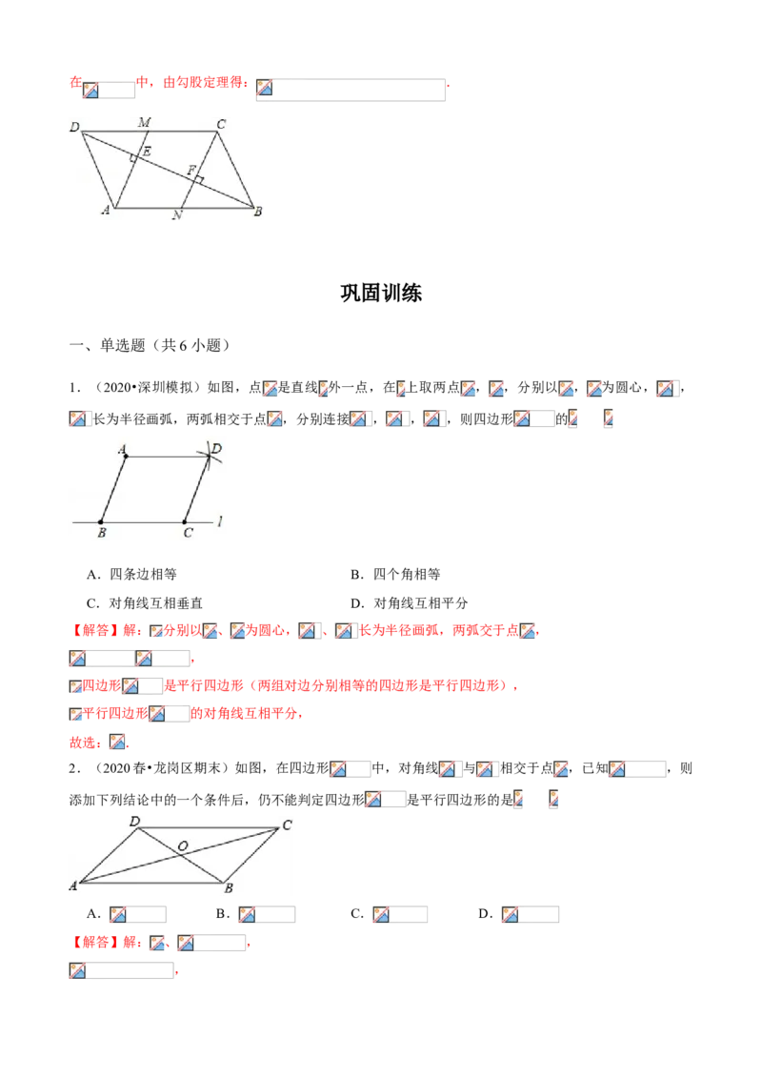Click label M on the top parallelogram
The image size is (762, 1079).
144,122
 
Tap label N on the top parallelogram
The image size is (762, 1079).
176,215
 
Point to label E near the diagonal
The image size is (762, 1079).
146,152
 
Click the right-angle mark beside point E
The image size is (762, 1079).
133,159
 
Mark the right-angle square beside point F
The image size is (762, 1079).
200,178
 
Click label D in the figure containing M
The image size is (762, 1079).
73,125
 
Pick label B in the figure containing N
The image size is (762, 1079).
257,213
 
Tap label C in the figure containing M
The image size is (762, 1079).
221,122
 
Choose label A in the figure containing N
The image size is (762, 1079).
106,213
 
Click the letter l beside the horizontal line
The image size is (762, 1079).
220,520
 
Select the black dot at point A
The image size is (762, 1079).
126,457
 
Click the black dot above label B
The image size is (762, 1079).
102,521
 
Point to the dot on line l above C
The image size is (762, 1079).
184,521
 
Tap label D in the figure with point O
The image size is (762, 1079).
134,822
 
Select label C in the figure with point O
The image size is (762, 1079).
286,825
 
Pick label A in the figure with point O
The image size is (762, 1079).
72,886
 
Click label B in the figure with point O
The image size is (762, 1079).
228,889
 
